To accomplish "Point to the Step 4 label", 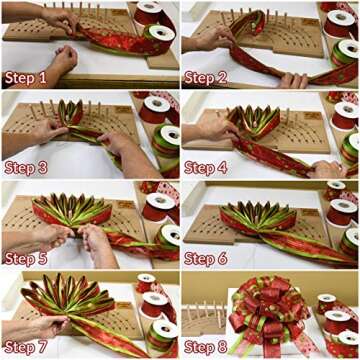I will point(209,167).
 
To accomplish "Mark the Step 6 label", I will point(209,257).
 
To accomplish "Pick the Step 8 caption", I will point(209,347).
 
